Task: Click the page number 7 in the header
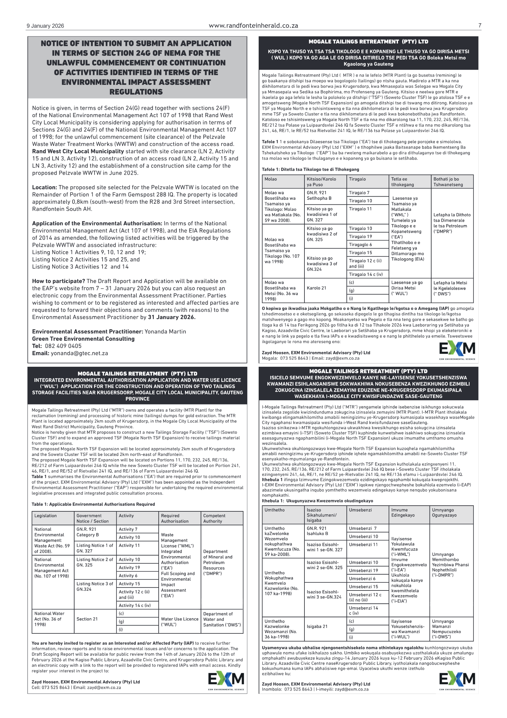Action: click(480, 26)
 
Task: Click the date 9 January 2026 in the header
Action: click(45, 26)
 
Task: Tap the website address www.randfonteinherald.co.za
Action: click(253, 26)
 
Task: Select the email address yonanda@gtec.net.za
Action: click(79, 353)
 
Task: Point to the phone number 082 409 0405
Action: click(63, 346)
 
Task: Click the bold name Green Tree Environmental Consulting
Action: click(83, 339)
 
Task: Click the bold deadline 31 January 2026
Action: click(172, 317)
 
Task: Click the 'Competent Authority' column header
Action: click(214, 518)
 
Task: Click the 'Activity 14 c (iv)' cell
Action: click(134, 605)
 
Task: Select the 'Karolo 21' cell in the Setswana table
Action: click(316, 288)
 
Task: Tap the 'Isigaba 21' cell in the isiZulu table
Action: click(317, 626)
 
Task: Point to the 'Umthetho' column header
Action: click(274, 510)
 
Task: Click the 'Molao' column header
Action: click(271, 179)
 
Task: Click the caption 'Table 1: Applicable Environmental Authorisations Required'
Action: click(93, 504)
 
